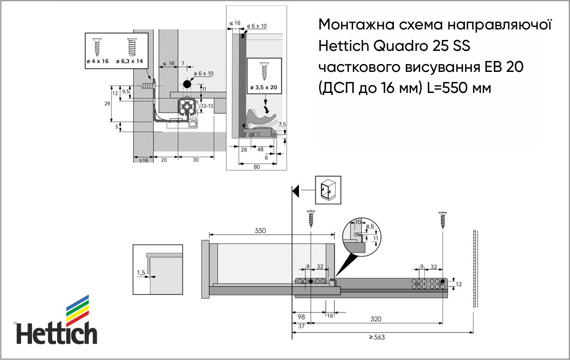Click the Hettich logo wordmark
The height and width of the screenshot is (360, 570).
[57, 333]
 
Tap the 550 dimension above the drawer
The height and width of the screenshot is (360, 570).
[260, 230]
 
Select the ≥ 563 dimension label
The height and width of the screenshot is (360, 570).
[377, 337]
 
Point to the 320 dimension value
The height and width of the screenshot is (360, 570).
[376, 319]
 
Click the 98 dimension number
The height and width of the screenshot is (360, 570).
[301, 317]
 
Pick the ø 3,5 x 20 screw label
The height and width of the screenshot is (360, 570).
[264, 87]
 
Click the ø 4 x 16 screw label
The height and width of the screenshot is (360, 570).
[98, 61]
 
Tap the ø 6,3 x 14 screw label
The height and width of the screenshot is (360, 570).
[129, 61]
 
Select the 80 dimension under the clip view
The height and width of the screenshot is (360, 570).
[257, 167]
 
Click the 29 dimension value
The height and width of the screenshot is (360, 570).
[107, 103]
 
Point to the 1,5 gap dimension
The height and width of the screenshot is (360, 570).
[141, 273]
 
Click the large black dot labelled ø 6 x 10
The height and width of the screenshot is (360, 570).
[187, 84]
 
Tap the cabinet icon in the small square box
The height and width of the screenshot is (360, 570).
[328, 190]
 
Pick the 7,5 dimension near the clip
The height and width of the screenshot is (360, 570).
[282, 124]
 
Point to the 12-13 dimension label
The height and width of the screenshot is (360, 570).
[207, 106]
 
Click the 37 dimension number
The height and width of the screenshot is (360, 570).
[301, 326]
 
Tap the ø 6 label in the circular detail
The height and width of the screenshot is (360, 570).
[370, 226]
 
